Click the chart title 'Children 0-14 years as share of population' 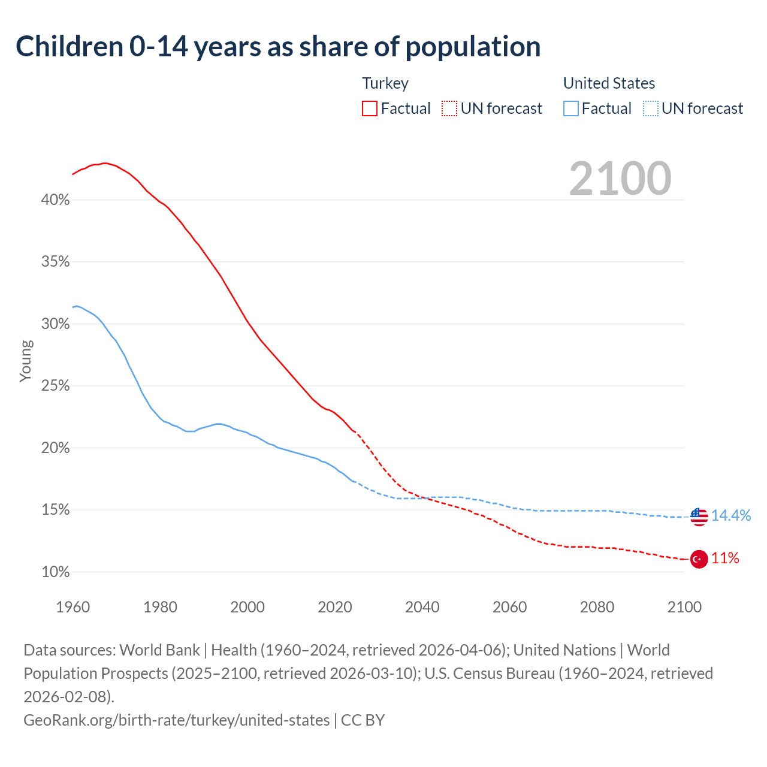278,47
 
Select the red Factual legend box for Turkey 370,108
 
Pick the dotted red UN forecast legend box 449,108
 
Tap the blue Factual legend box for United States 571,108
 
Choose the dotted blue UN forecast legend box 650,108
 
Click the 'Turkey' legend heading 385,83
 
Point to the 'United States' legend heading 609,83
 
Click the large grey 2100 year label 620,178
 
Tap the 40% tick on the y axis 55,200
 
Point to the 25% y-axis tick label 55,386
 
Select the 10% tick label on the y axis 55,572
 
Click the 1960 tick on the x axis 73,607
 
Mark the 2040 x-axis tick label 422,607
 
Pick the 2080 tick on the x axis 597,607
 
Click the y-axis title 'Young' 26,361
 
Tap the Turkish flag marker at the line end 699,559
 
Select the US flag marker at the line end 699,517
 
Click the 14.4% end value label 730,515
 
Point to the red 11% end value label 725,558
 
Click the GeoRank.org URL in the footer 176,720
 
